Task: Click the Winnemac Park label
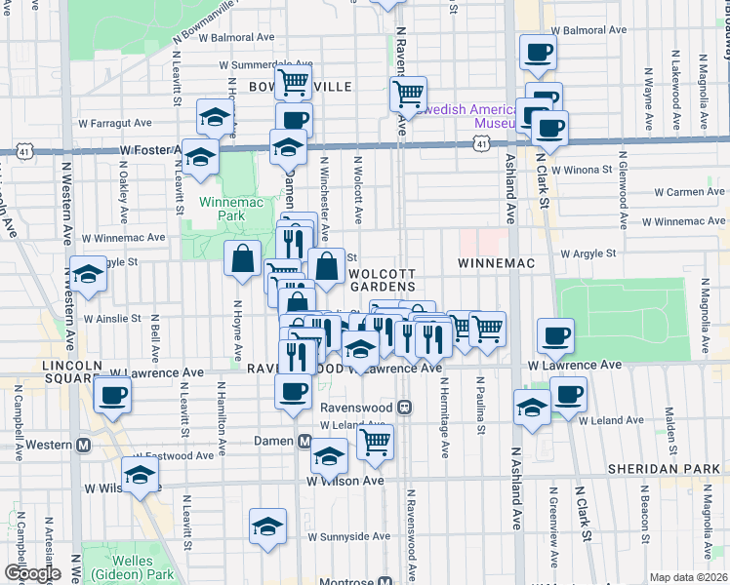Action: pyautogui.click(x=222, y=208)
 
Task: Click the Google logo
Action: pyautogui.click(x=32, y=573)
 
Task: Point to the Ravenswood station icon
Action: pyautogui.click(x=404, y=407)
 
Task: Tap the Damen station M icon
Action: pyautogui.click(x=304, y=441)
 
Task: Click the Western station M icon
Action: pyautogui.click(x=84, y=445)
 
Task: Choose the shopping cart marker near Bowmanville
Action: pyautogui.click(x=293, y=83)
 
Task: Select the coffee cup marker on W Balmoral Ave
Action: pyautogui.click(x=537, y=53)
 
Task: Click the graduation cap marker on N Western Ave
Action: pyautogui.click(x=87, y=275)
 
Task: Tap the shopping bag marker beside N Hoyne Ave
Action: pyautogui.click(x=243, y=258)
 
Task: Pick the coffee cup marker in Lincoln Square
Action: pyautogui.click(x=112, y=395)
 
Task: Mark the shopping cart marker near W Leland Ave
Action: pyautogui.click(x=375, y=441)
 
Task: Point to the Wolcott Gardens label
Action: pyautogui.click(x=384, y=280)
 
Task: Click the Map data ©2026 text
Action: pyautogui.click(x=688, y=577)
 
